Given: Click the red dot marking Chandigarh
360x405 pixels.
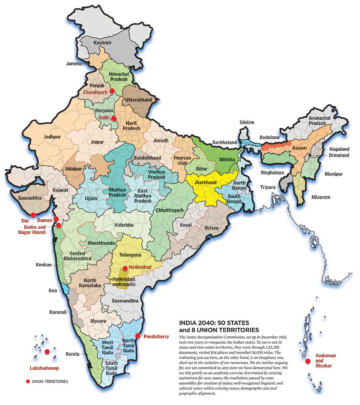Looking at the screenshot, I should pos(112,91).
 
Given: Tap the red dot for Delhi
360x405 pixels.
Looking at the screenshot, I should pos(114,118).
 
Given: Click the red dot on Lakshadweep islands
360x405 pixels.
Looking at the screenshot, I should pos(47,352).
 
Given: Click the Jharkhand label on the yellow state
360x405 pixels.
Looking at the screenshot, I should pos(205,183).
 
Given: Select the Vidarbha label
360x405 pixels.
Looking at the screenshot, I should pos(124,225).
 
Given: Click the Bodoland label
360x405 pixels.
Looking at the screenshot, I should pos(269,138).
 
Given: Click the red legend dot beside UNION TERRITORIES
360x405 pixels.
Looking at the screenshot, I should pos(27,381).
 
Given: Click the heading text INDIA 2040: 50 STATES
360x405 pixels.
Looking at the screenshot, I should pos(213,323).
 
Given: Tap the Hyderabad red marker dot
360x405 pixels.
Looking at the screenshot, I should pos(125,268).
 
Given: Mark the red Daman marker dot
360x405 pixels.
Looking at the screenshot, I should pos(56,219).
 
